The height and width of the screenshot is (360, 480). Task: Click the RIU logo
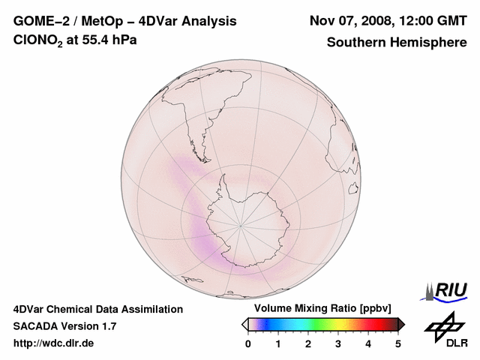(x=447, y=290)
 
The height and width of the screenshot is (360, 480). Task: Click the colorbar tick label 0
(x=248, y=343)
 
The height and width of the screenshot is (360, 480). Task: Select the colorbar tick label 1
(x=278, y=343)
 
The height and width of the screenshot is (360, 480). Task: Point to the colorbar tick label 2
(x=308, y=343)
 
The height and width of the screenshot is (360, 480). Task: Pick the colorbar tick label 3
(x=338, y=343)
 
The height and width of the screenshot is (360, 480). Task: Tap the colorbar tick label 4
(x=368, y=343)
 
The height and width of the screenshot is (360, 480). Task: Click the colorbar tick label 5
(x=398, y=343)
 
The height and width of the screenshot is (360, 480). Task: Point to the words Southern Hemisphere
(x=397, y=42)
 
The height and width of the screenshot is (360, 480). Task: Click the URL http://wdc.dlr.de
(x=54, y=343)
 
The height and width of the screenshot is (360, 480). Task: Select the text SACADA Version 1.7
(x=65, y=326)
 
